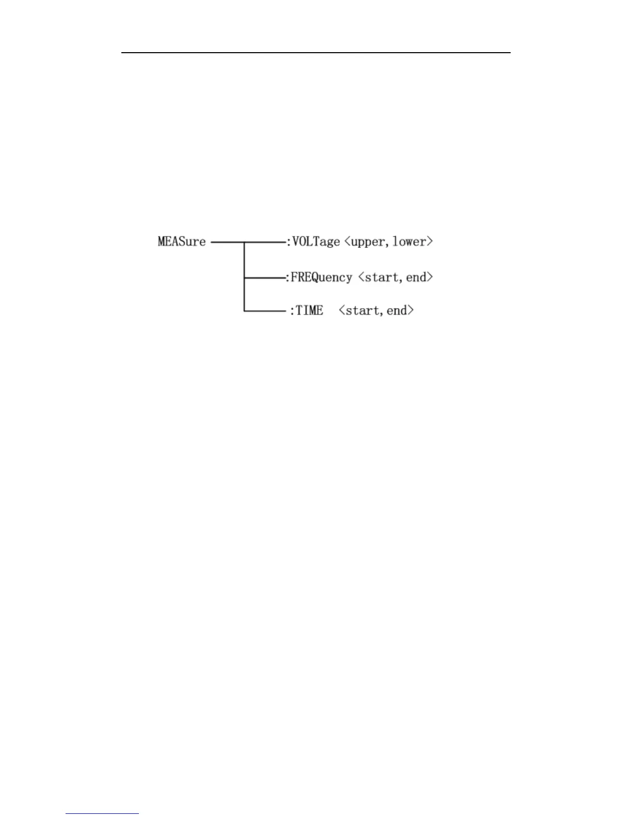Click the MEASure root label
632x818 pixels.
[182, 242]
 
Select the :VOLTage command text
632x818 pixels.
[313, 242]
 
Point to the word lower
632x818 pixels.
[408, 242]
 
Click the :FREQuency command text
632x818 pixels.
[320, 277]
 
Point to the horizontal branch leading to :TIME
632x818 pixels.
[264, 311]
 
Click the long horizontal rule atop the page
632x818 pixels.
[316, 52]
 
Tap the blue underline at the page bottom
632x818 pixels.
[102, 813]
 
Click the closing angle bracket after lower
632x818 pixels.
[429, 242]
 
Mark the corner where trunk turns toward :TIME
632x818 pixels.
[244, 311]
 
